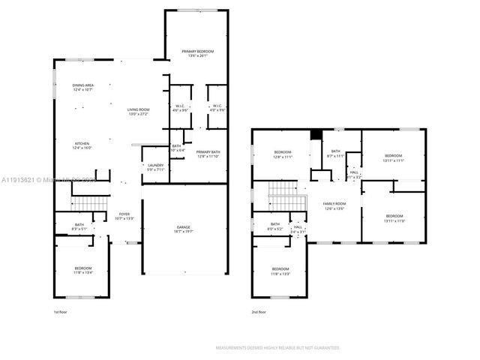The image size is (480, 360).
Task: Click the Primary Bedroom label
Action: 198,53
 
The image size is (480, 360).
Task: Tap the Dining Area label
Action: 82,88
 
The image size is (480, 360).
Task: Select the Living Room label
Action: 138,112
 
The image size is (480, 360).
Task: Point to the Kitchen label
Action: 82,145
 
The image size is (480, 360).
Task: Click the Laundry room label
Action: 155,167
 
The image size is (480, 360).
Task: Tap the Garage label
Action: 184,232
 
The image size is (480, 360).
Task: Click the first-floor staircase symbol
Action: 89,202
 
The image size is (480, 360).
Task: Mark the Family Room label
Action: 334,205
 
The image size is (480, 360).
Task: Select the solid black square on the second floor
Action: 316,135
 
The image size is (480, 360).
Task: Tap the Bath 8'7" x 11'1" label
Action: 334,154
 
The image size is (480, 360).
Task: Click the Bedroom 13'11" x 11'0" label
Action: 394,218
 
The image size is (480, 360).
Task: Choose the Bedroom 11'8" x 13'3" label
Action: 280,271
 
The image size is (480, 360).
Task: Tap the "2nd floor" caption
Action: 259,311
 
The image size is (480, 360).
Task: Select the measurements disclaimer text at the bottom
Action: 277,348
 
